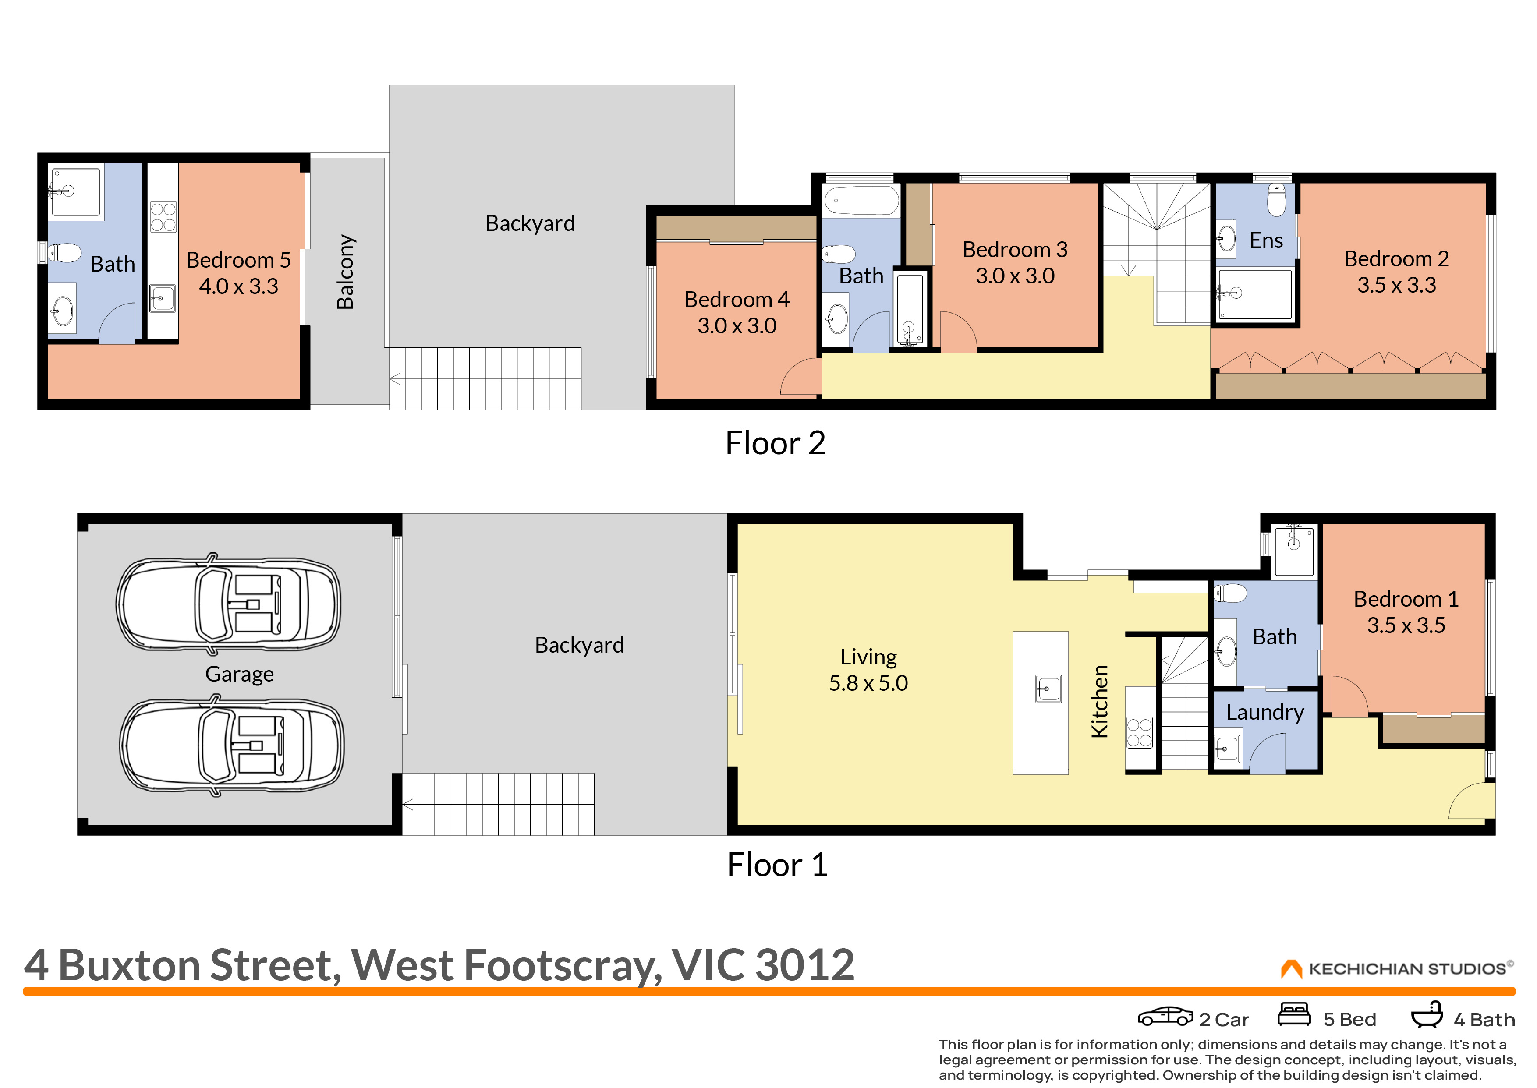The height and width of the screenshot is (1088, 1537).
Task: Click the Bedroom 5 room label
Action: point(238,259)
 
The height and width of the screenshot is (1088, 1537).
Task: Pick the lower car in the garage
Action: point(231,745)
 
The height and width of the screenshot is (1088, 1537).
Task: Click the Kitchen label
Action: point(1099,701)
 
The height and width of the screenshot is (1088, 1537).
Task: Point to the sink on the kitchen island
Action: point(1048,688)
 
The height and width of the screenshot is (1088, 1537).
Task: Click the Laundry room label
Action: point(1265,713)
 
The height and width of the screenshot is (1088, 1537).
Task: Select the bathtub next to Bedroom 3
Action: point(861,200)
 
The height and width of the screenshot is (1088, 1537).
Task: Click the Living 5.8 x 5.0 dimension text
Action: point(868,683)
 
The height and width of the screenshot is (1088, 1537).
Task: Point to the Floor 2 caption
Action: point(775,443)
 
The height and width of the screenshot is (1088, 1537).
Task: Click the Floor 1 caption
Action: point(777,865)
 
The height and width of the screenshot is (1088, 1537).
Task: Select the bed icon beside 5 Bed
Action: point(1294,1014)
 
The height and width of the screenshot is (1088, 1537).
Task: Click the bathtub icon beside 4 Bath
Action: point(1427,1014)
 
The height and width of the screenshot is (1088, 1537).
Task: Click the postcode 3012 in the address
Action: point(805,965)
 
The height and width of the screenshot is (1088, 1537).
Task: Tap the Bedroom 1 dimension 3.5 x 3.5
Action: point(1406,625)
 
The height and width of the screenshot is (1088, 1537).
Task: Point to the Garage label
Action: point(239,674)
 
